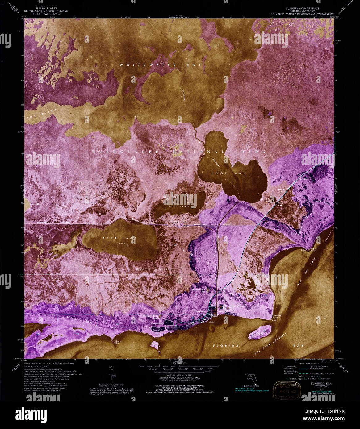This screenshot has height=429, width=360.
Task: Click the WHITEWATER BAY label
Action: click(160, 65)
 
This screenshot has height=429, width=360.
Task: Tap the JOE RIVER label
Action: click(42, 114)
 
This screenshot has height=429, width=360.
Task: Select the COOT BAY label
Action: click(228, 173)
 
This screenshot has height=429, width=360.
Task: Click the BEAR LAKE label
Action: click(119, 238)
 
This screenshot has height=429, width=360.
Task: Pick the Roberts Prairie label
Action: click(154, 269)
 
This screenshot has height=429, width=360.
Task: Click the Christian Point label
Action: click(277, 317)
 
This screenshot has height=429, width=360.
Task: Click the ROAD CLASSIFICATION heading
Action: click(308, 364)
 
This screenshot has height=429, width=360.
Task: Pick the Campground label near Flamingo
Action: click(156, 324)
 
